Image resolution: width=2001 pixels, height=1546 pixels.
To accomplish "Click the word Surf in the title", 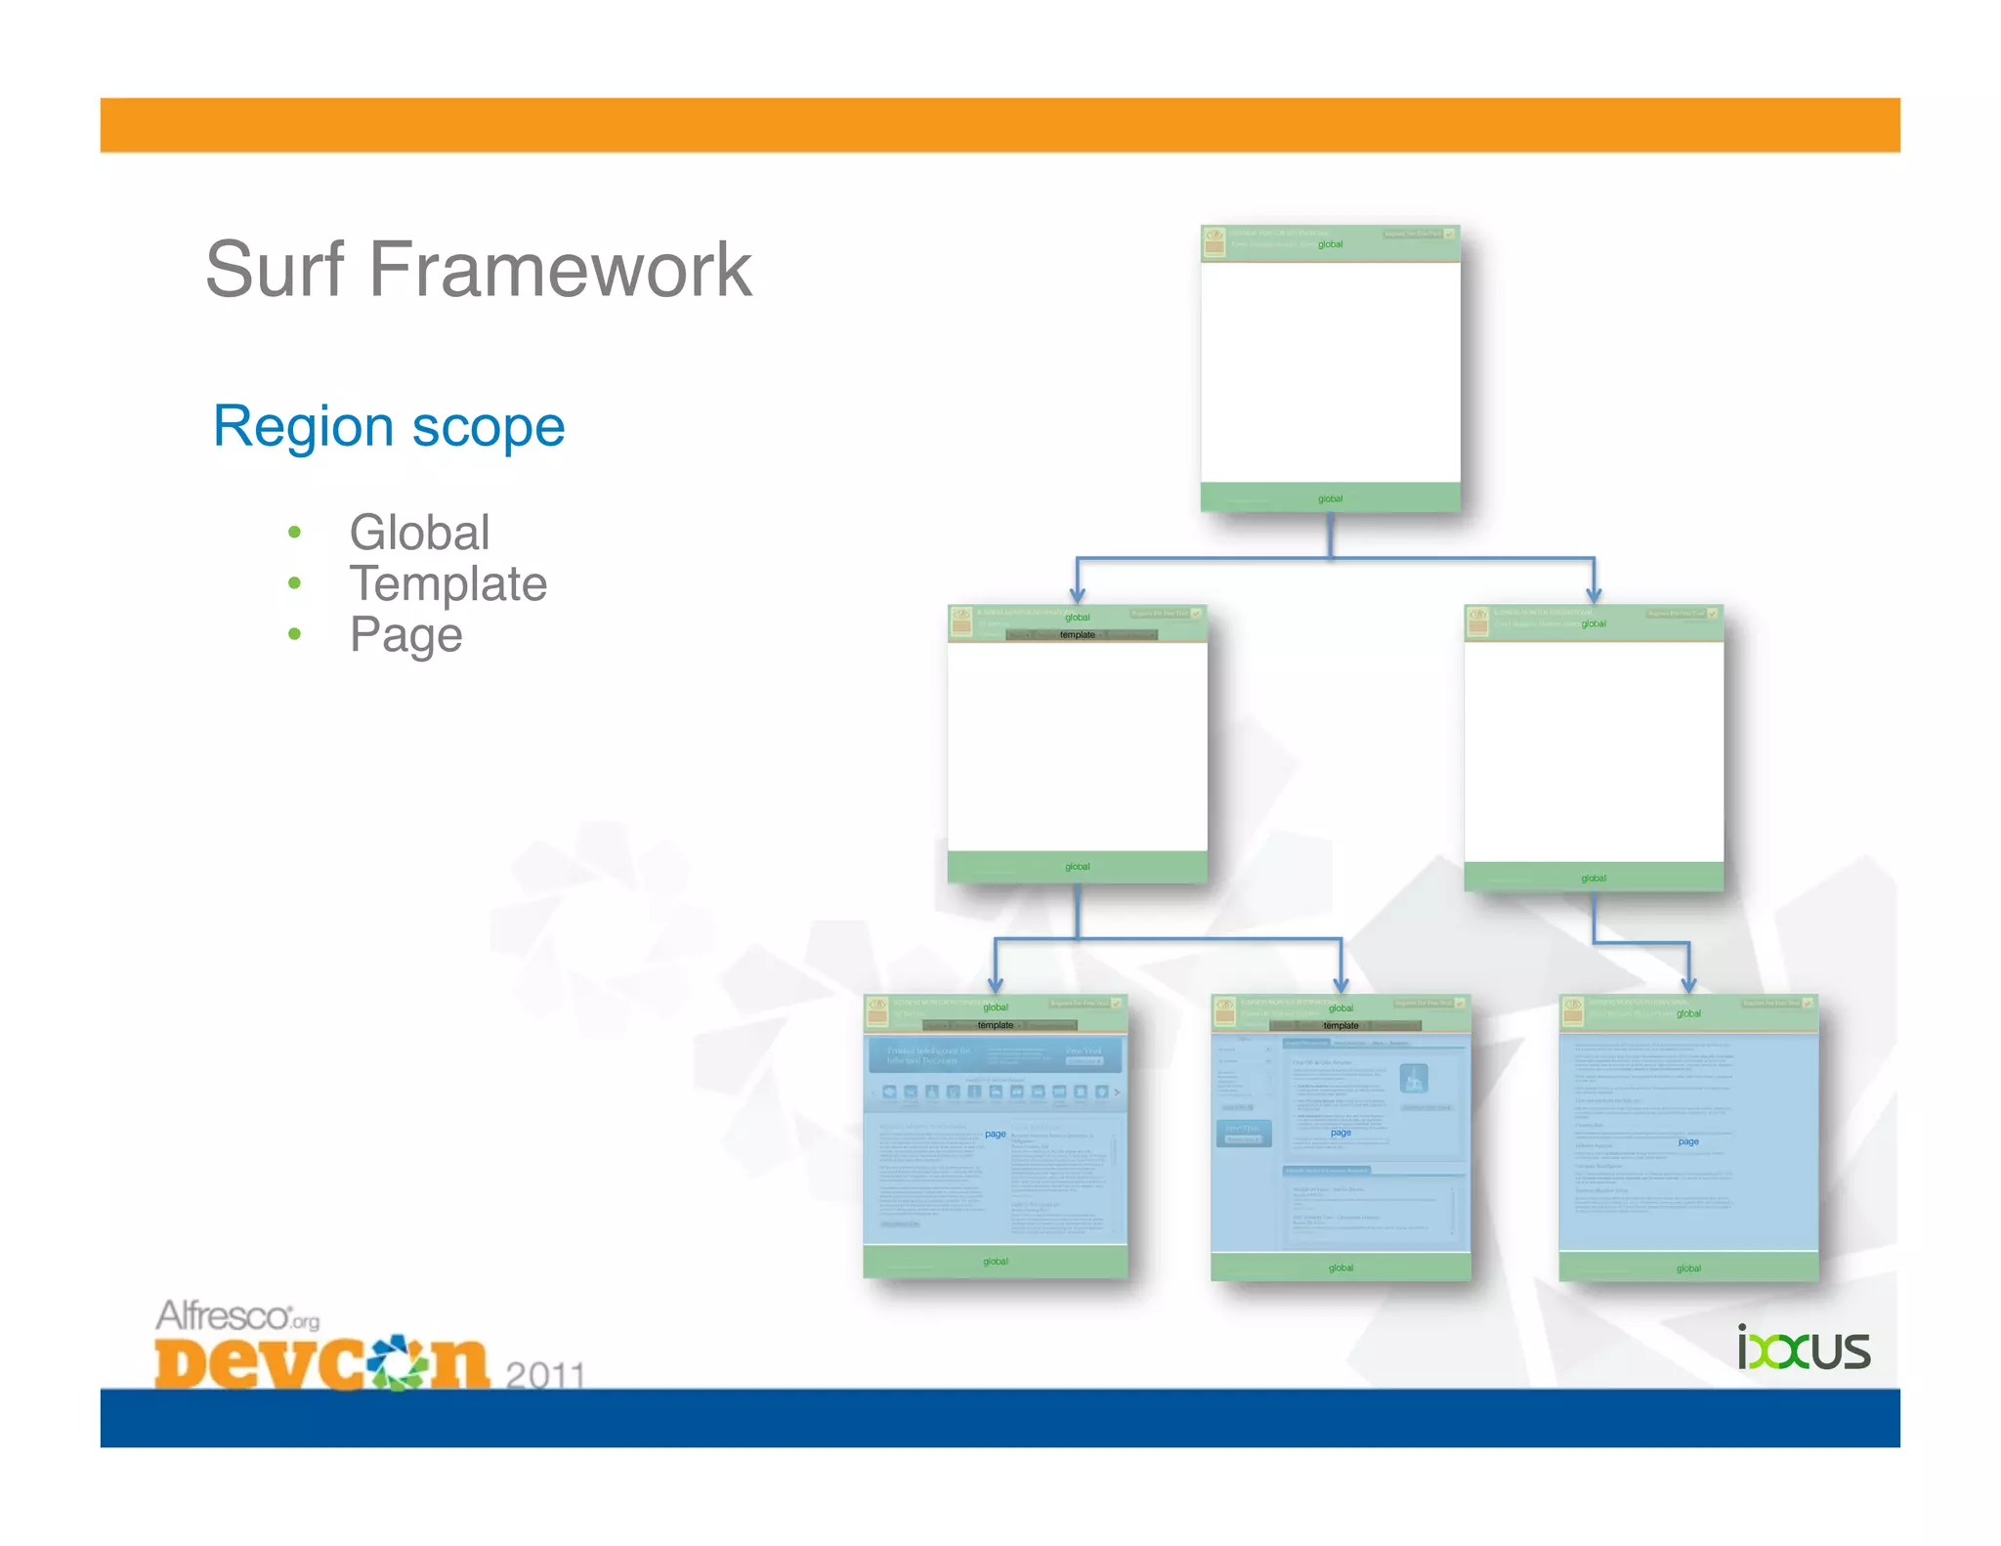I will click(275, 270).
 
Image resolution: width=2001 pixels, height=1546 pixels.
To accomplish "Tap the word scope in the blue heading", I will click(489, 427).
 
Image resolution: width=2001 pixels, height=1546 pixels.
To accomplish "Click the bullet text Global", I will click(419, 533).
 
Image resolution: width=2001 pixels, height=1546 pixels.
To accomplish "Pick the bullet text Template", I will click(448, 583).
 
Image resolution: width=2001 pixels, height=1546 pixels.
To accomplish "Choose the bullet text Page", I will click(405, 635).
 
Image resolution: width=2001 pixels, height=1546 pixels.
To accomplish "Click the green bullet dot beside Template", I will click(294, 583).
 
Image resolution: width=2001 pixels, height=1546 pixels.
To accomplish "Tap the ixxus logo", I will click(1803, 1349).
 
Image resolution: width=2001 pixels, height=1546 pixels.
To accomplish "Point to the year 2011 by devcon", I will click(544, 1375).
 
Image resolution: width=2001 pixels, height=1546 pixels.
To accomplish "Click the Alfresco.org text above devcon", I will click(237, 1316).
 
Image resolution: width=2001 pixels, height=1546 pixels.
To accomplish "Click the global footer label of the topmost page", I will click(1330, 498).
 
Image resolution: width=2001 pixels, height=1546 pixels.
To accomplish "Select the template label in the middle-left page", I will click(1077, 635).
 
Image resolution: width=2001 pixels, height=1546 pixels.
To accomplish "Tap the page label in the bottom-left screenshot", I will click(995, 1134).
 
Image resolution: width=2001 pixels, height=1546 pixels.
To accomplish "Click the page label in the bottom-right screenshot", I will click(1688, 1141).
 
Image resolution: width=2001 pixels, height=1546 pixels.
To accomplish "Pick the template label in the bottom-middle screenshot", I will click(1341, 1025).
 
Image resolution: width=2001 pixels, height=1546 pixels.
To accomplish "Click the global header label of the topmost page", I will click(1330, 244).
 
